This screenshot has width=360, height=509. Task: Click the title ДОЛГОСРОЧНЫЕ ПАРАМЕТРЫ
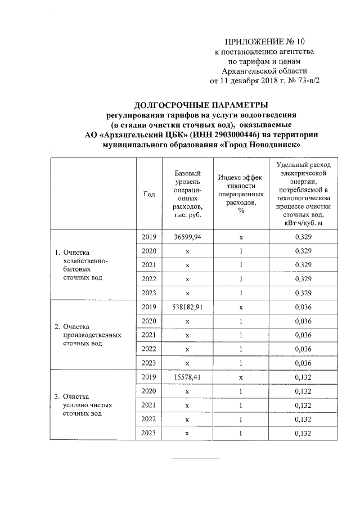point(200,105)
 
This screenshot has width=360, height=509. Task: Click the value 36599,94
point(187,237)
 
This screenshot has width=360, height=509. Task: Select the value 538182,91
point(187,308)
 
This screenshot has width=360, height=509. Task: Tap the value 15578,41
point(187,378)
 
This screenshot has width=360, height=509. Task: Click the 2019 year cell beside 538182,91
point(149,308)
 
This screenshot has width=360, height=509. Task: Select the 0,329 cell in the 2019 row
point(303,237)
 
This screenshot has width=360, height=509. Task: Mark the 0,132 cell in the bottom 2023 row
point(303,433)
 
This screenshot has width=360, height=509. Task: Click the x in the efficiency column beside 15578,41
point(241,378)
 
